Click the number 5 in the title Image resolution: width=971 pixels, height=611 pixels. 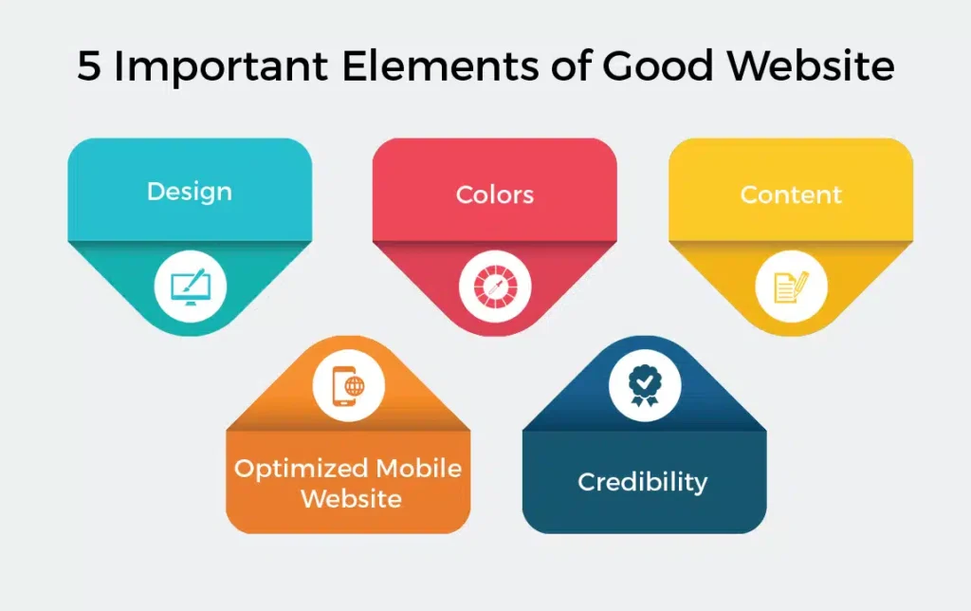click(x=89, y=67)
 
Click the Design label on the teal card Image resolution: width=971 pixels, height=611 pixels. click(x=190, y=192)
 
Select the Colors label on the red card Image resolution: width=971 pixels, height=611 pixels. click(x=494, y=195)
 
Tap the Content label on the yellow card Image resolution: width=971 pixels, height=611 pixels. click(x=791, y=195)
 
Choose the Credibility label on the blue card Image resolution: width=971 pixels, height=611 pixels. click(x=642, y=482)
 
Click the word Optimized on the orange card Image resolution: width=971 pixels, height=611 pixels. click(x=300, y=469)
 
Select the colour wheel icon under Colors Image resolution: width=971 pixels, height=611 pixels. click(x=494, y=287)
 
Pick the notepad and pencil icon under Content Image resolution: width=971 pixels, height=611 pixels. click(x=790, y=286)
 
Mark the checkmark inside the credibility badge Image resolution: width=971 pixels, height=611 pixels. click(x=644, y=380)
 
